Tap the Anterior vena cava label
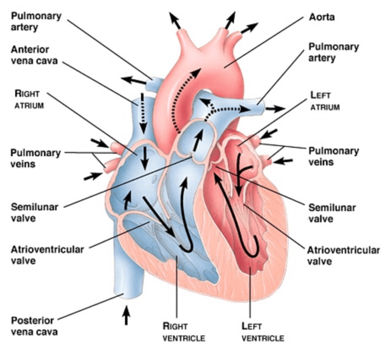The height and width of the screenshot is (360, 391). pos(37,54)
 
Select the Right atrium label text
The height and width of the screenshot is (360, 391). pos(27,98)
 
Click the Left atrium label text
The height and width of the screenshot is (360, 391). pos(325,101)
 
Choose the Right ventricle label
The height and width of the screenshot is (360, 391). pos(183,331)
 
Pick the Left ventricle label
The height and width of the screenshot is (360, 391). pos(262,331)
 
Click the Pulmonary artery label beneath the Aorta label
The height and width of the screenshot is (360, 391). pos(333,52)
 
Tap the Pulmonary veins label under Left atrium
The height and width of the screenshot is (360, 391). pos(334,156)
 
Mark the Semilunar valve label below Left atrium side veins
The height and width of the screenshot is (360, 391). pos(331,213)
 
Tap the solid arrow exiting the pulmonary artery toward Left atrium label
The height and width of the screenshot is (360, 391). pos(275,108)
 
